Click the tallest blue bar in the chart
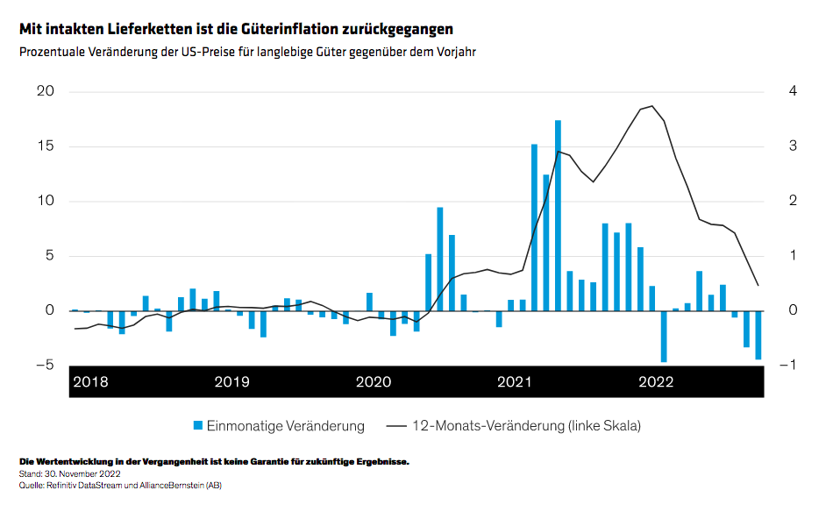[558, 215]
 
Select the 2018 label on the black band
[90, 381]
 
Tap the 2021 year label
[515, 381]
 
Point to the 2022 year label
[656, 381]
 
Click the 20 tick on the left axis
[45, 92]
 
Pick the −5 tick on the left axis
[42, 365]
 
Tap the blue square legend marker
[198, 426]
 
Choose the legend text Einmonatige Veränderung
[285, 426]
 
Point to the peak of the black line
[651, 106]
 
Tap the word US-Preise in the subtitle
[209, 52]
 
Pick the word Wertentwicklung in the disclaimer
[73, 461]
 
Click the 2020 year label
[374, 381]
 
